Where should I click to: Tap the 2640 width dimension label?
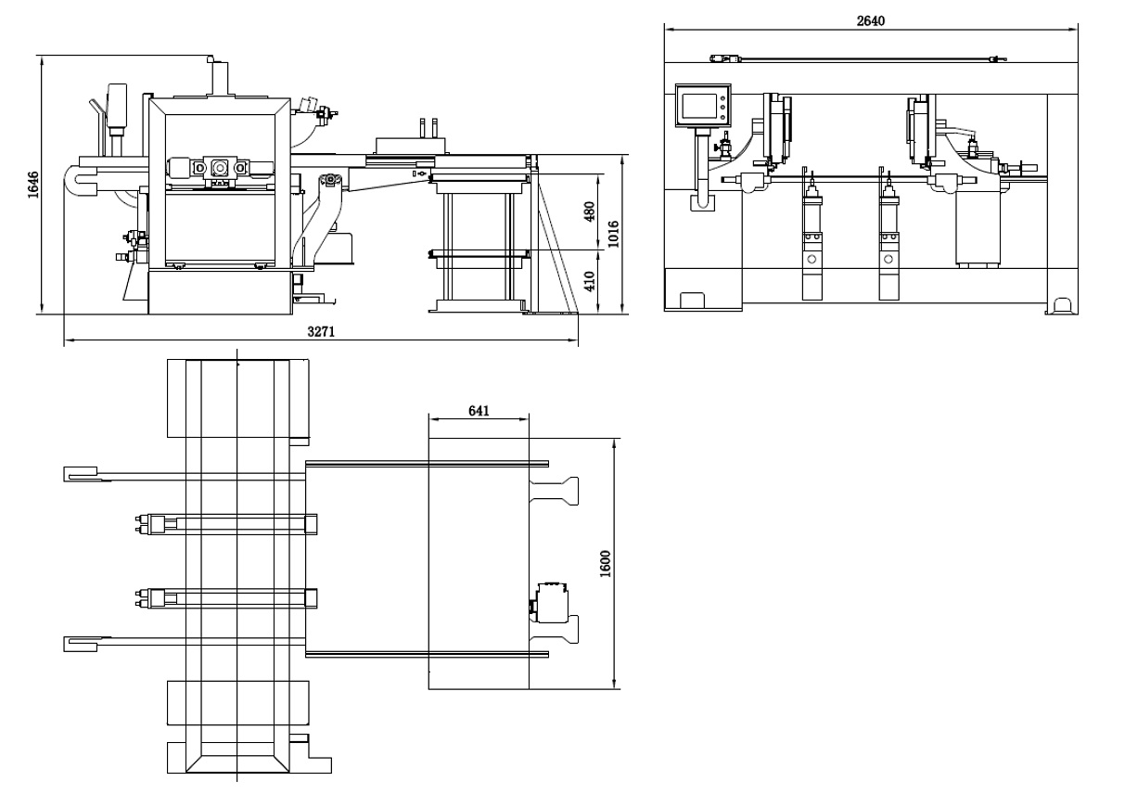(x=871, y=20)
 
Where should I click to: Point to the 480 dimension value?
(x=589, y=211)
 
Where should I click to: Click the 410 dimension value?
(x=589, y=280)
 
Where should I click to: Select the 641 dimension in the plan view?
(x=479, y=409)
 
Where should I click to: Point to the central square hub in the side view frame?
(x=220, y=167)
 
